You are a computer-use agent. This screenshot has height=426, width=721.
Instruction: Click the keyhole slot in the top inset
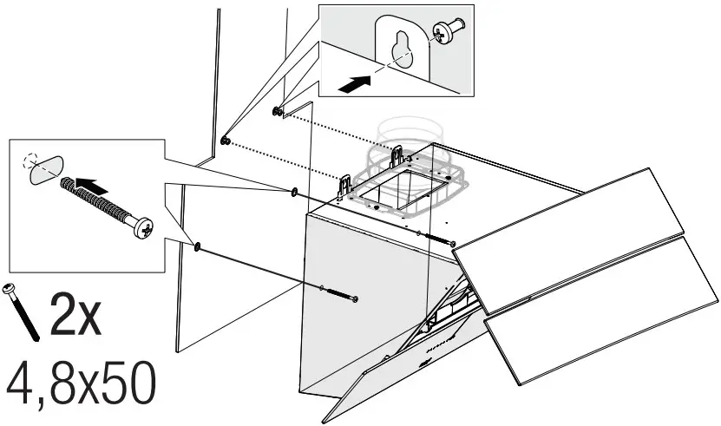tap(401, 52)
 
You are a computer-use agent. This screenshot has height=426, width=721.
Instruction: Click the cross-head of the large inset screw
tap(144, 230)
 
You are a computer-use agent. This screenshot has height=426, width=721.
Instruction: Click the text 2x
tap(76, 316)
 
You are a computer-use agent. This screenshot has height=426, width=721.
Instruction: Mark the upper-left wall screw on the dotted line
tap(226, 141)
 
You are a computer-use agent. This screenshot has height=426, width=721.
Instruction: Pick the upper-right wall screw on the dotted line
tap(276, 111)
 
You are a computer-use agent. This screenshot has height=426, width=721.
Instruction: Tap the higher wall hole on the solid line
tap(293, 191)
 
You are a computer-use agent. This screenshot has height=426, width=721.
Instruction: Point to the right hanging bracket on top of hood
tap(398, 157)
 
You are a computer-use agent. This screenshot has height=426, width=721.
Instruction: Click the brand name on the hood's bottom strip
tap(444, 347)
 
